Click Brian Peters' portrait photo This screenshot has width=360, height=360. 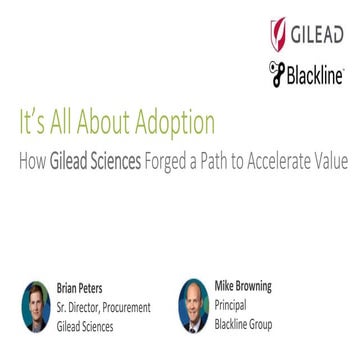point(34,307)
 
